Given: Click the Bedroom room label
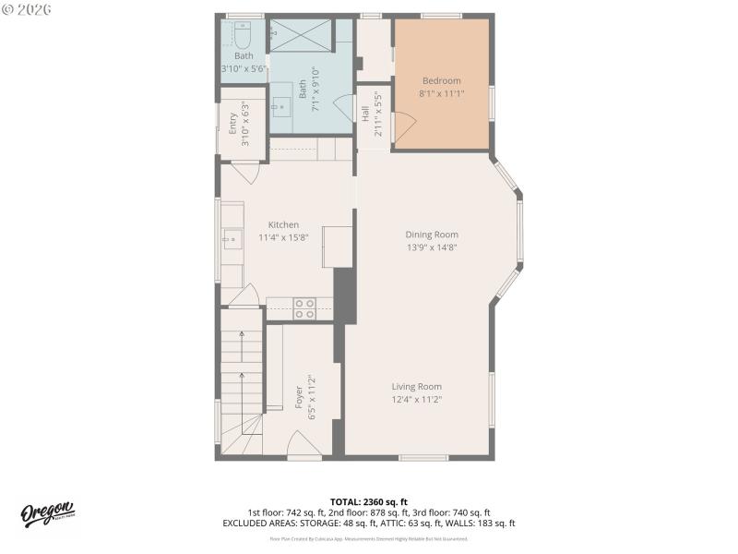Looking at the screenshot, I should [x=441, y=80].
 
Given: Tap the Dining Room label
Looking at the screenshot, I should [x=432, y=235].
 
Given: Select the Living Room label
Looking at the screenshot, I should [x=416, y=387].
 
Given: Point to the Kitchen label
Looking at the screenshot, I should [x=283, y=224].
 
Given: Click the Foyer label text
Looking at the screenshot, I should [x=299, y=397].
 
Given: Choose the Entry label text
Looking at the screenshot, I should [x=232, y=124].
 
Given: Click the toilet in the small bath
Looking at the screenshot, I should [x=243, y=35].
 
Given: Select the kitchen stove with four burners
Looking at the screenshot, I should [x=304, y=308].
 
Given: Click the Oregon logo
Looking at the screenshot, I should [x=47, y=513].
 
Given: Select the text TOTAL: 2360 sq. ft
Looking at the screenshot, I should [x=368, y=501].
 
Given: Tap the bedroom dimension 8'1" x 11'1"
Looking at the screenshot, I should [x=441, y=93].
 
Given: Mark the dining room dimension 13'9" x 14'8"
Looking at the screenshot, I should [x=432, y=247].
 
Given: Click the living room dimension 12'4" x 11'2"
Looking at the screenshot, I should [x=416, y=400].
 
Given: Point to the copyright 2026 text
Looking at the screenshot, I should [x=27, y=9].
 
